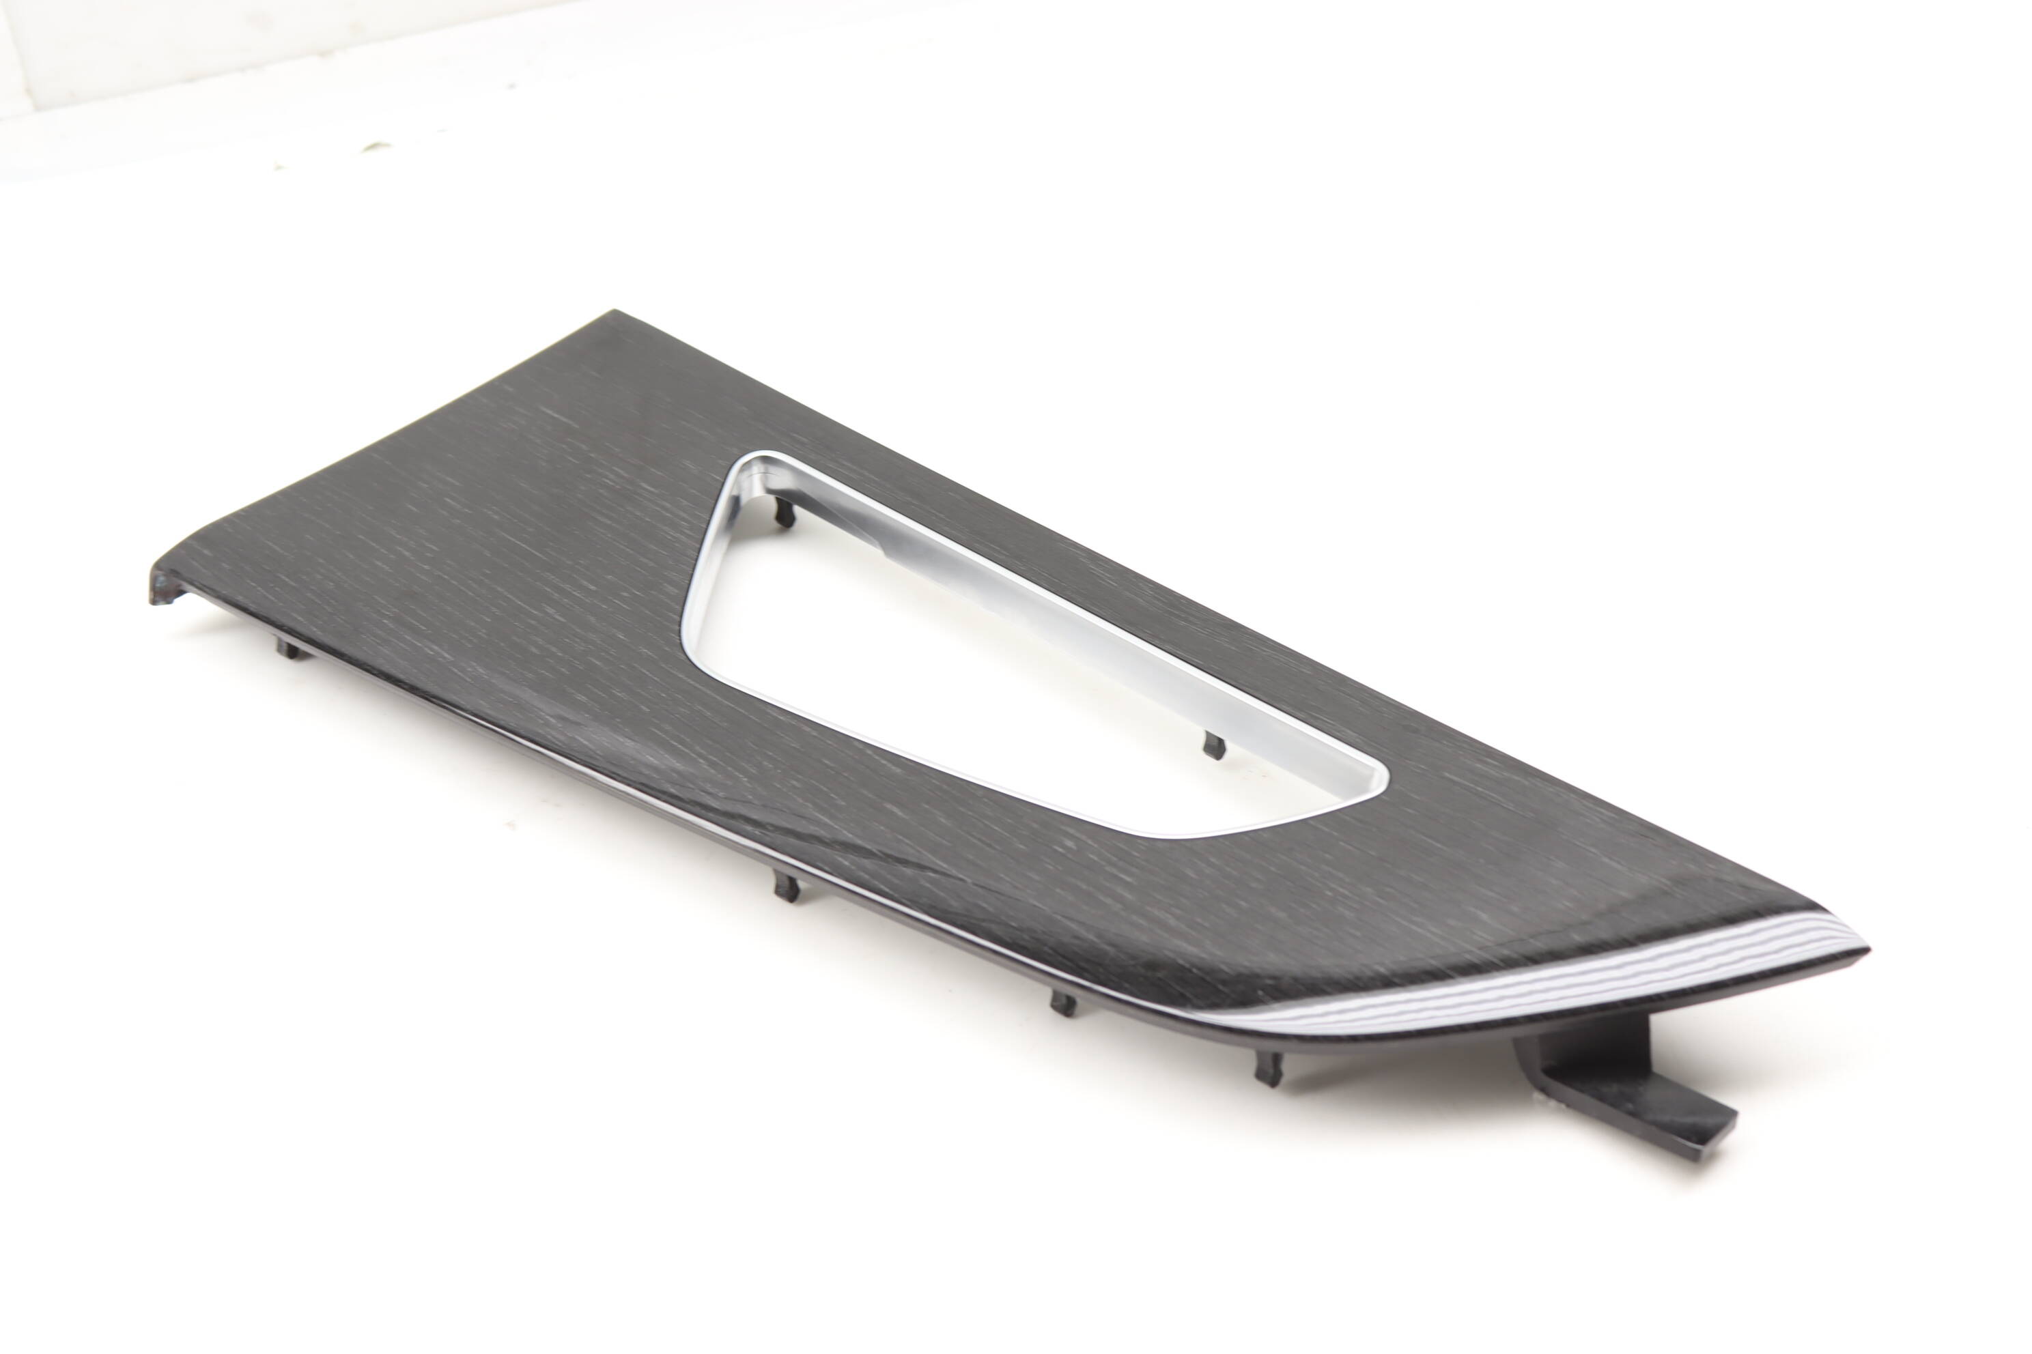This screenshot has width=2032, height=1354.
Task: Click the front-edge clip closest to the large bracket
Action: pyautogui.click(x=1265, y=1071)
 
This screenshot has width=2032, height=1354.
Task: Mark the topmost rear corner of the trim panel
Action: pyautogui.click(x=615, y=313)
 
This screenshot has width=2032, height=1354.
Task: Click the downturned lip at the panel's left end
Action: pyautogui.click(x=166, y=587)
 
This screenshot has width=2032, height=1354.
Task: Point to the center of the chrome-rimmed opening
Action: pyautogui.click(x=950, y=657)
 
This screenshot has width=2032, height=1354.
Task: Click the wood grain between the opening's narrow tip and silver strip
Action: pyautogui.click(x=1555, y=872)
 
